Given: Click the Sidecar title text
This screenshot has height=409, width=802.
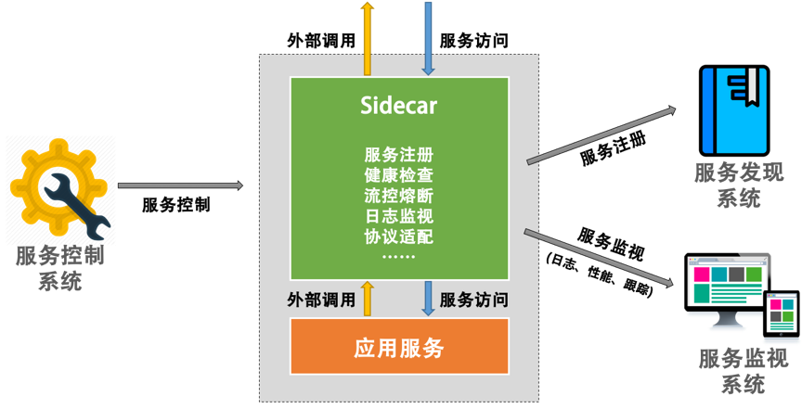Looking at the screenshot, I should tap(399, 106).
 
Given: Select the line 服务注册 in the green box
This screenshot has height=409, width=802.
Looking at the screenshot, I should tap(399, 154).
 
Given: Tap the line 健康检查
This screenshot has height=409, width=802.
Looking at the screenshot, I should tap(399, 174).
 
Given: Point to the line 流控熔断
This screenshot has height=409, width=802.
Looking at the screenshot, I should tap(399, 195).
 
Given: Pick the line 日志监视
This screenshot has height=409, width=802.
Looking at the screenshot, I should tap(399, 215).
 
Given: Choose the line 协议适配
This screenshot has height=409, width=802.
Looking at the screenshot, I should tap(399, 236).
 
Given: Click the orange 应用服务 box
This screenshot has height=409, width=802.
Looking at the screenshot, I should tap(399, 349).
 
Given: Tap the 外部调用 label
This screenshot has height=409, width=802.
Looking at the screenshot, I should tap(322, 300).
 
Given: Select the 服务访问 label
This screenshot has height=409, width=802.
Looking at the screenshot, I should tap(473, 300).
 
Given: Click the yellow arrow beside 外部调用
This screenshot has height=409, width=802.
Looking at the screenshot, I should tap(368, 299).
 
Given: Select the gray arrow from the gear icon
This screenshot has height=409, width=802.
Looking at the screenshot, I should tap(180, 185).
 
